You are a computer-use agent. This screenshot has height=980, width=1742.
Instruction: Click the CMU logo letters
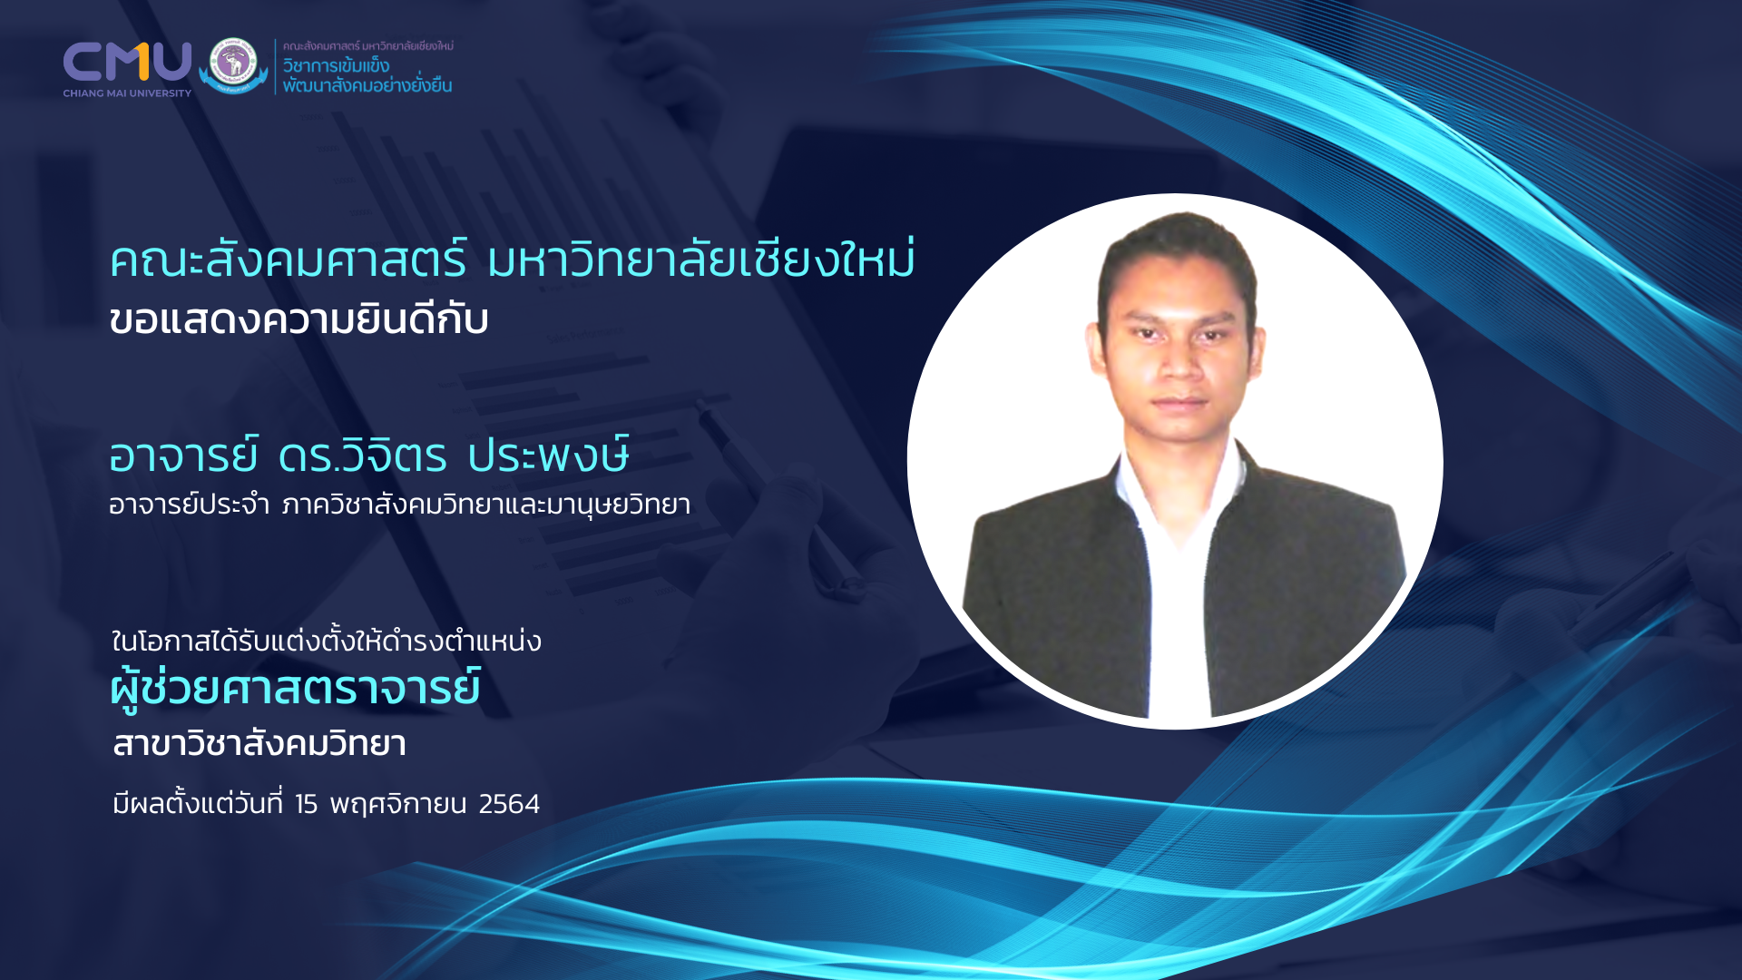click(127, 62)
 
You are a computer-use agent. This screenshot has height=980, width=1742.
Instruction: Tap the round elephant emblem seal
click(234, 64)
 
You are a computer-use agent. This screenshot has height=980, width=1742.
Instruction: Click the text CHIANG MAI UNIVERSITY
click(127, 93)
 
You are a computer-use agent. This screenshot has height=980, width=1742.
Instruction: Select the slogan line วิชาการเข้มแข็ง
click(336, 65)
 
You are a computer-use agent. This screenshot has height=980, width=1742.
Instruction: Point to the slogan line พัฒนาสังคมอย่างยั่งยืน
click(367, 84)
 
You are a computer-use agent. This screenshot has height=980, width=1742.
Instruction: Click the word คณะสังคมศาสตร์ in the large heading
click(289, 260)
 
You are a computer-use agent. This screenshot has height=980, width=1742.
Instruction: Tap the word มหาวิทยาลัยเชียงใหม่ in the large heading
click(700, 258)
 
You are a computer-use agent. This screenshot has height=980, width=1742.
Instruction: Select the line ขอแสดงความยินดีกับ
click(298, 319)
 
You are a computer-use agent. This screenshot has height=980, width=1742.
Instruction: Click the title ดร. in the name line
click(308, 456)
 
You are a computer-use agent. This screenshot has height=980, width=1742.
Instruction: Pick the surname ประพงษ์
click(549, 454)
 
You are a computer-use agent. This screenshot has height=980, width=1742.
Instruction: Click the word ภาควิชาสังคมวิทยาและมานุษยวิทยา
click(486, 505)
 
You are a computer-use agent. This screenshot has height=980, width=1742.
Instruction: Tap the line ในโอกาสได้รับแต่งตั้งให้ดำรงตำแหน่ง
click(327, 641)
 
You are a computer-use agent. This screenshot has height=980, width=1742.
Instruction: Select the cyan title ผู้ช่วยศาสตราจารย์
click(296, 688)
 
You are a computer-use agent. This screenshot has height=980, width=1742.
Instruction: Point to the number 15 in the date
click(306, 804)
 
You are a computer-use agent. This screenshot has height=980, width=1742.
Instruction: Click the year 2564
click(509, 804)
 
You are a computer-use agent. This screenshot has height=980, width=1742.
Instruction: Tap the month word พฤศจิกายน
click(397, 805)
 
